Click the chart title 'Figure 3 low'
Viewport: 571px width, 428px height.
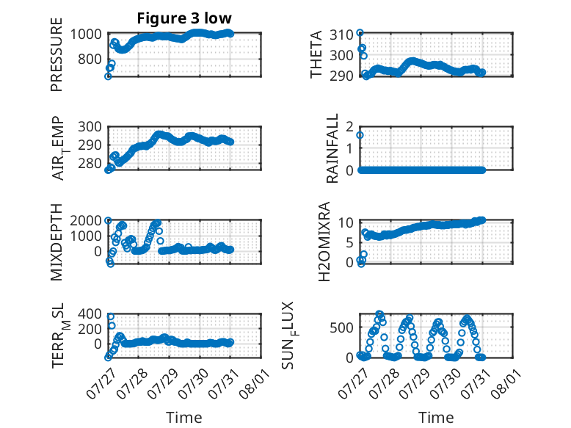184,18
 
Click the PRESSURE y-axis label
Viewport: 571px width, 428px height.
57,54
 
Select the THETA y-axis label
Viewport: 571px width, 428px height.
316,54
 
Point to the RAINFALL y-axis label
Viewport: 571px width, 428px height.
332,148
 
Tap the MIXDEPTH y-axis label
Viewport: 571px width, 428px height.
57,242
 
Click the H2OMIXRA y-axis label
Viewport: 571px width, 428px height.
324,242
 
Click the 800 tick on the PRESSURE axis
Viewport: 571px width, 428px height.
90,59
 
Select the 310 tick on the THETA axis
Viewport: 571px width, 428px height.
341,35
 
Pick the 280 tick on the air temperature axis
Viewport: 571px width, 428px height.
90,163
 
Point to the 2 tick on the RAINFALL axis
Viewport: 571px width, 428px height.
350,127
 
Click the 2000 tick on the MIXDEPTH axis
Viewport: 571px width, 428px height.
86,220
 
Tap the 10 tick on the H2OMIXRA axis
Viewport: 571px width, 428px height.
346,222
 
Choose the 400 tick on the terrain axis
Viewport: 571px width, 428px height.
90,313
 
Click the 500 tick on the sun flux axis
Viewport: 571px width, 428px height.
341,327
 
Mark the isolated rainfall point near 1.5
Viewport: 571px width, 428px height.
360,135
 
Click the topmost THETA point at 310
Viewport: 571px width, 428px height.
360,33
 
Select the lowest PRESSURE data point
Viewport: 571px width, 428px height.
108,76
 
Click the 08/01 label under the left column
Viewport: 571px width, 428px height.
255,383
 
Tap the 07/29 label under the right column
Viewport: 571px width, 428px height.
415,383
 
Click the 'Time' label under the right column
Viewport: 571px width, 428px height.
436,417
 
